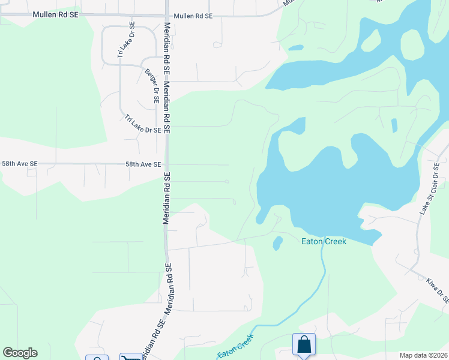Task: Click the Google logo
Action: (x=20, y=353)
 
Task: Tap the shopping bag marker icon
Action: (x=304, y=344)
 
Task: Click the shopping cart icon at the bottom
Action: (x=130, y=358)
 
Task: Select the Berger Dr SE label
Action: (x=152, y=86)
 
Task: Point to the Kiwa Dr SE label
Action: (x=438, y=289)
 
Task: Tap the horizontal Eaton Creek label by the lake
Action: (x=324, y=241)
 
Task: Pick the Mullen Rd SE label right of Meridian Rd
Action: (x=192, y=16)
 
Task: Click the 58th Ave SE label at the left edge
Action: (x=20, y=163)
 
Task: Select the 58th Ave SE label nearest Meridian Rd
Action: (x=143, y=164)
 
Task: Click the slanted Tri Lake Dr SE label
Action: (x=143, y=124)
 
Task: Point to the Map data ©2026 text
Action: (x=423, y=355)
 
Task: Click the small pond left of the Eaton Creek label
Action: (x=278, y=243)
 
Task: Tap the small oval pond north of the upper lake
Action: (x=296, y=47)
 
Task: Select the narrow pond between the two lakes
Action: (x=394, y=125)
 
